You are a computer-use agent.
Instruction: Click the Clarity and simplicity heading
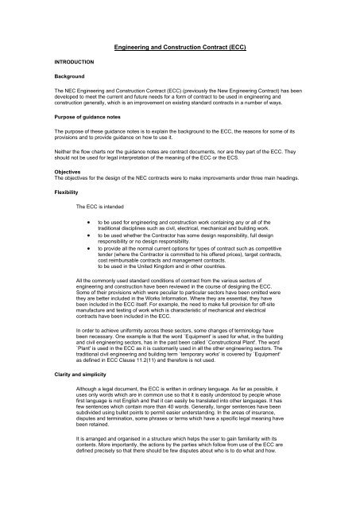[58, 374]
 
